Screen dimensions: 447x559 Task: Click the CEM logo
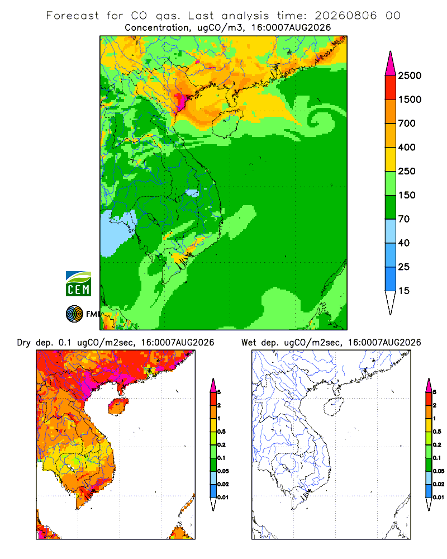click(x=78, y=283)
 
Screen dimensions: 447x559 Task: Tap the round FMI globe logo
click(x=74, y=314)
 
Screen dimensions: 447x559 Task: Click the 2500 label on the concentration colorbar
click(x=410, y=75)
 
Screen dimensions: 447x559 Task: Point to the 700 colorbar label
click(x=407, y=124)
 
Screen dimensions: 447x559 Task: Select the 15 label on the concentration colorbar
click(x=404, y=291)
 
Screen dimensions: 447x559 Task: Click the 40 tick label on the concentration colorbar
click(x=404, y=243)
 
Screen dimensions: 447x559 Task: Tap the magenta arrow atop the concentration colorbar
click(x=391, y=64)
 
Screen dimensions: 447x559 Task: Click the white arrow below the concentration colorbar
click(x=391, y=302)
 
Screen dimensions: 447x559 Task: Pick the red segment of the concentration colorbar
click(x=391, y=88)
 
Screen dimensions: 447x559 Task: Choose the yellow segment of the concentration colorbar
click(x=391, y=159)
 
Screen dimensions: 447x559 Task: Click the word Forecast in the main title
click(x=73, y=16)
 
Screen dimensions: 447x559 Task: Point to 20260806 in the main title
click(x=345, y=16)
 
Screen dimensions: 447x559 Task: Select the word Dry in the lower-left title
click(x=23, y=343)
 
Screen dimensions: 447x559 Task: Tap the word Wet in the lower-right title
click(x=249, y=343)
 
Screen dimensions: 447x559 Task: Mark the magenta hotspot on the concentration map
click(x=181, y=100)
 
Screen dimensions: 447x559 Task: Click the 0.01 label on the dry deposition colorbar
click(x=223, y=498)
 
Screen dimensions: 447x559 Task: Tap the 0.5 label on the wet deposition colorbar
click(x=437, y=432)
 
